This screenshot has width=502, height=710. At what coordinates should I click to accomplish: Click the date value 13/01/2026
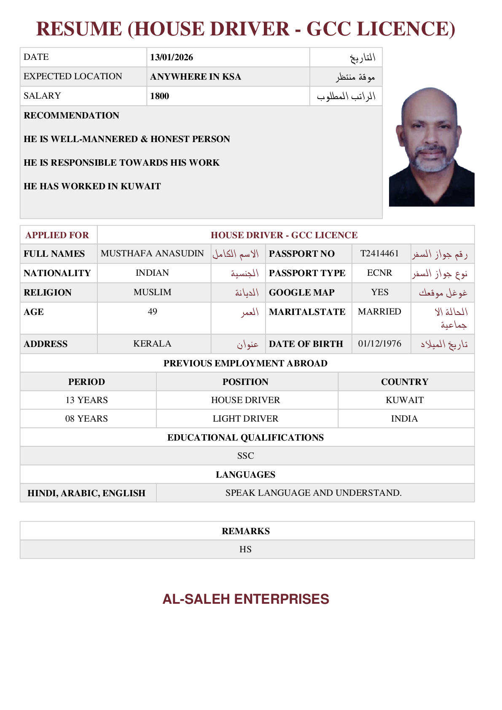tap(172, 57)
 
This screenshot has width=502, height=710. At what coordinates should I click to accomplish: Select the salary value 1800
tap(160, 96)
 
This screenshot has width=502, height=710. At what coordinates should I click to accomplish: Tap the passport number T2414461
tap(379, 253)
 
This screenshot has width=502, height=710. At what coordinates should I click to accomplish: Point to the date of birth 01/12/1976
tap(380, 344)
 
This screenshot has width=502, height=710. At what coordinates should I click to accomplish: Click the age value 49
tap(153, 312)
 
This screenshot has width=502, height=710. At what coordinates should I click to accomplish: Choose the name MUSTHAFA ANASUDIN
tap(152, 253)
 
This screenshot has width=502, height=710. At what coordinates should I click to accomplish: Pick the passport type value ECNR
tap(379, 273)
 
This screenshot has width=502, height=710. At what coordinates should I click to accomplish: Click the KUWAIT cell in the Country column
tap(405, 400)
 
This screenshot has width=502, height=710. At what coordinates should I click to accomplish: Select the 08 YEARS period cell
tap(86, 419)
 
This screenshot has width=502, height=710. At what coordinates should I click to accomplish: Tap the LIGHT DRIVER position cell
tap(245, 419)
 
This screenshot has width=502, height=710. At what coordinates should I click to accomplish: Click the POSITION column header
tap(245, 382)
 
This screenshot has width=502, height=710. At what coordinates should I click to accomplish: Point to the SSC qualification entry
tap(245, 456)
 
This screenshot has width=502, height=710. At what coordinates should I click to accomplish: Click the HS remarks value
tap(245, 549)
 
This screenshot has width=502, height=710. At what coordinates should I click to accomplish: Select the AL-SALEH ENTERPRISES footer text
tap(246, 599)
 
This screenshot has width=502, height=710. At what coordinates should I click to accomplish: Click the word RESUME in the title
tap(79, 29)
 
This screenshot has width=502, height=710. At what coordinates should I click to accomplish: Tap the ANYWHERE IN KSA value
tap(196, 77)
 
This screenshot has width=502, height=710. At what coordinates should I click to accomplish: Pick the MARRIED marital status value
tap(379, 312)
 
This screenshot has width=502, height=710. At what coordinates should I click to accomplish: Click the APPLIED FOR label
tap(57, 235)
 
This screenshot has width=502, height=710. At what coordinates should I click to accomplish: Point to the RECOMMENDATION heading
tap(72, 116)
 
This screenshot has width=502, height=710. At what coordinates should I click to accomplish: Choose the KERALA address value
tap(152, 344)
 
